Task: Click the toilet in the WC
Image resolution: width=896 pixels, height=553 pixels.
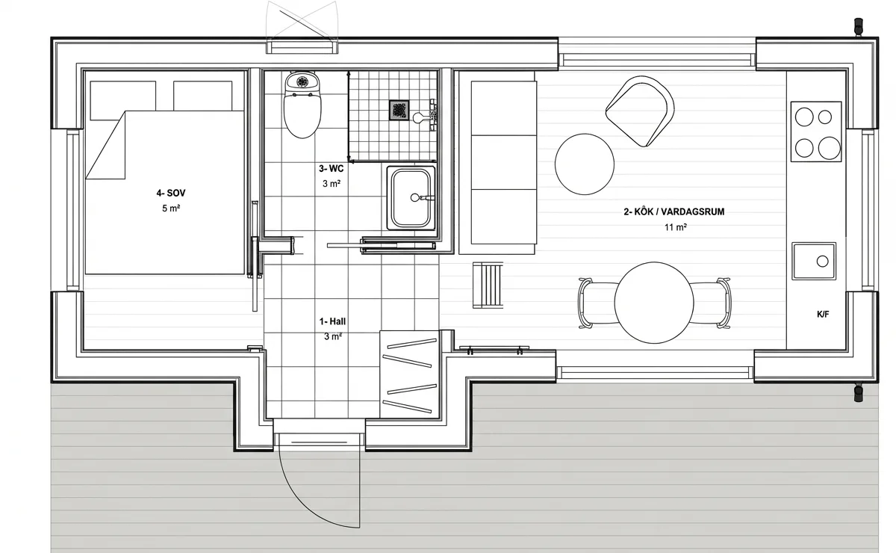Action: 302,105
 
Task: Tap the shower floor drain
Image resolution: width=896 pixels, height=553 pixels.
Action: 399,110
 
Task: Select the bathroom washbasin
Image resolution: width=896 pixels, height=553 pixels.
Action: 411,198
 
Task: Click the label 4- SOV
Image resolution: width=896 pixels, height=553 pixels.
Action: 171,193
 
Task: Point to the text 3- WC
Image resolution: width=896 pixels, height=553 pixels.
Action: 331,169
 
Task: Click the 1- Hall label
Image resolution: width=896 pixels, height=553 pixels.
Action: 332,321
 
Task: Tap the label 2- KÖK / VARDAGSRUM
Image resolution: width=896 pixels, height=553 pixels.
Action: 674,211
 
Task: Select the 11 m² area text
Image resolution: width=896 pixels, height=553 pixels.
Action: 676,227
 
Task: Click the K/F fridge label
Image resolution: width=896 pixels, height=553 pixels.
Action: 823,315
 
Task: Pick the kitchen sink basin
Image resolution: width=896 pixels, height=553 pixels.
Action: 814,261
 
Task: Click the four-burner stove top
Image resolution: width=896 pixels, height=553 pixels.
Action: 816,132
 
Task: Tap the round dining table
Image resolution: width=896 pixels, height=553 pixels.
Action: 654,303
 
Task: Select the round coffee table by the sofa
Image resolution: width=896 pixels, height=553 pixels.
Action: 585,164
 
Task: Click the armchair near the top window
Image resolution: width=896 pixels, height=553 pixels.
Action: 640,111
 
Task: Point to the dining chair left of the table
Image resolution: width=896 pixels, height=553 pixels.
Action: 597,303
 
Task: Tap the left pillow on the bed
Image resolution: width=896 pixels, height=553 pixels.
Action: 122,100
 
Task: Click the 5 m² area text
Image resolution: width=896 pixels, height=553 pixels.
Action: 171,208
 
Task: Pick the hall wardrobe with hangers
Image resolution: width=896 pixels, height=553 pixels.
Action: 409,374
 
